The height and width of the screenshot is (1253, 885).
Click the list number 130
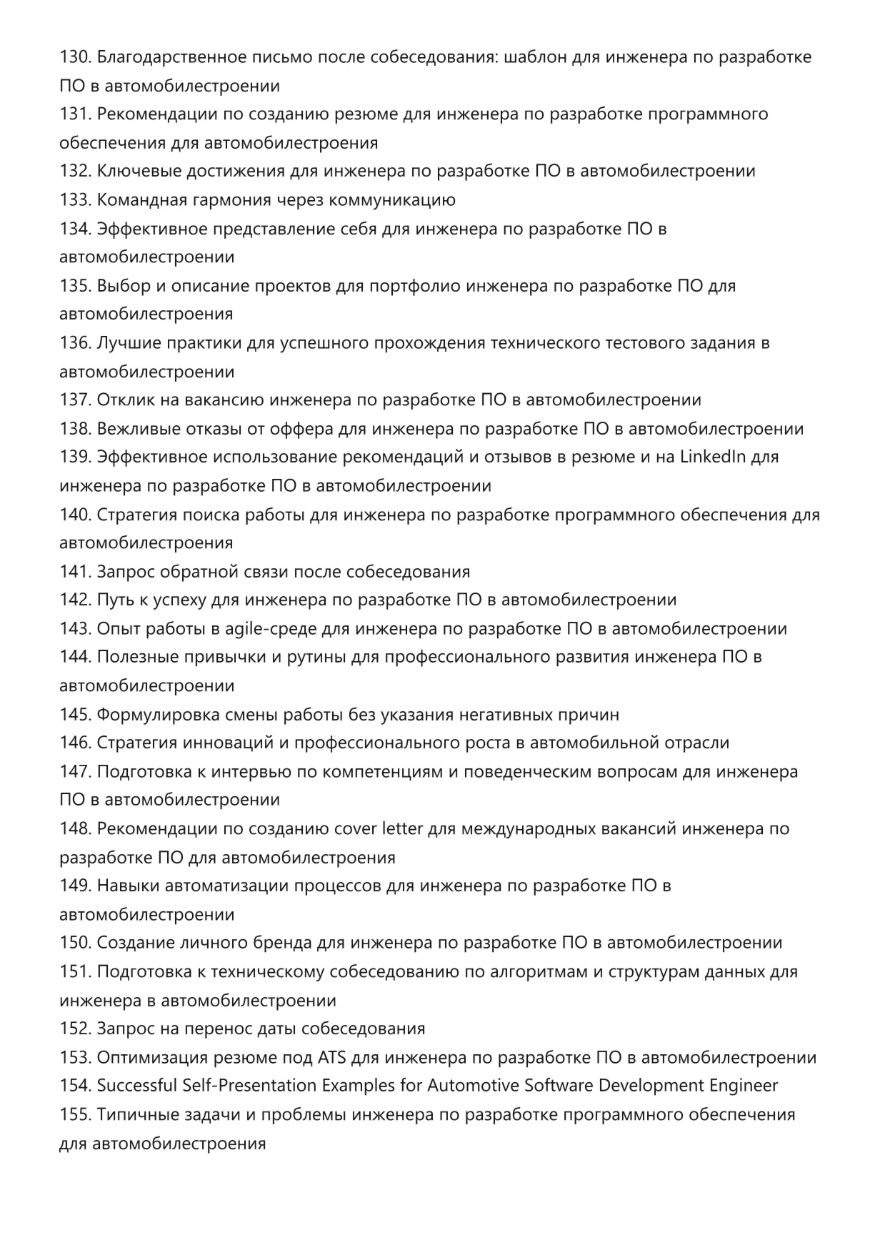[x=75, y=57]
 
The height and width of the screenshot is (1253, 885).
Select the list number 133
[x=75, y=200]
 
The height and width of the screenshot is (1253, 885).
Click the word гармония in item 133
[x=226, y=200]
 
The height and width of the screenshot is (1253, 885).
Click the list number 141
[x=75, y=572]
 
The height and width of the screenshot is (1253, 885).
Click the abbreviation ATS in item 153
[x=331, y=1058]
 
